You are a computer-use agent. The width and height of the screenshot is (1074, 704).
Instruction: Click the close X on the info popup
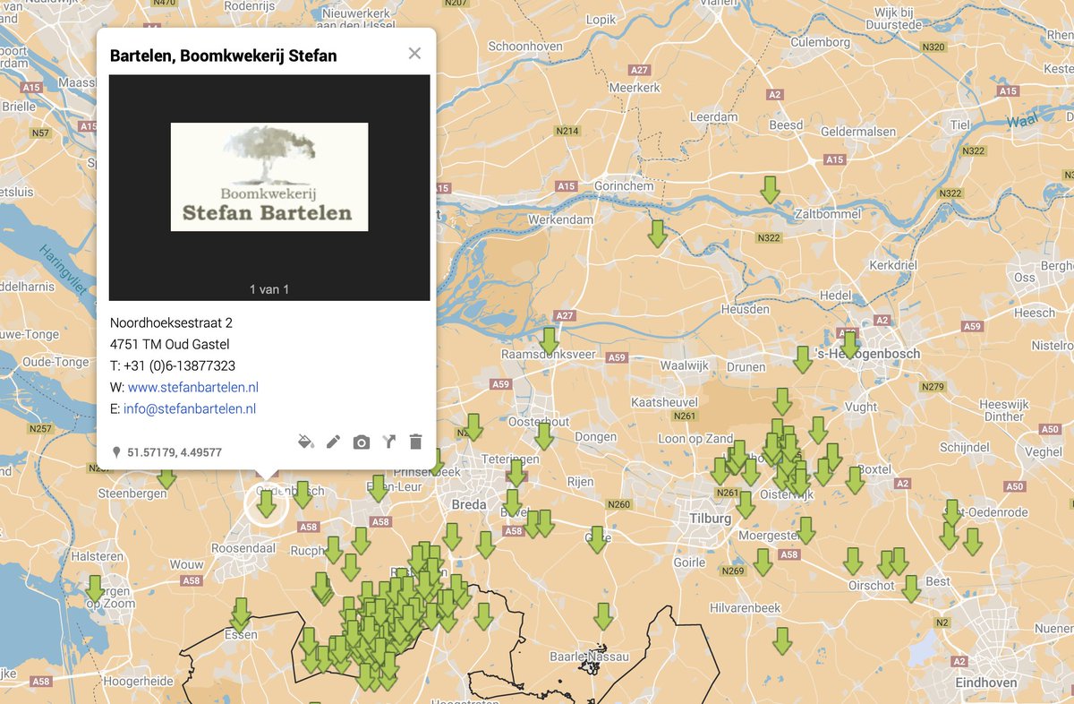click(414, 54)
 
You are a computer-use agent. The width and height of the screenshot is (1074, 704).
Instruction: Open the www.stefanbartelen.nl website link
click(192, 387)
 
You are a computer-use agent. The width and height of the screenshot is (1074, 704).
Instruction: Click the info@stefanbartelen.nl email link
click(190, 408)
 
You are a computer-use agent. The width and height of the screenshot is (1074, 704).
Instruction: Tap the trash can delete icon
click(415, 442)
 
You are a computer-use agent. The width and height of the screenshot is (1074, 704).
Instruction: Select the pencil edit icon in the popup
click(333, 442)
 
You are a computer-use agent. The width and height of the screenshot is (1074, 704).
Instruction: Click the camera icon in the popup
click(361, 442)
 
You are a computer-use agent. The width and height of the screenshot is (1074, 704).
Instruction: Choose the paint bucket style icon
click(305, 442)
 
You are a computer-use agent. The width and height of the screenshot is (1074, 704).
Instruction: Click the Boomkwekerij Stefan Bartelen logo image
click(269, 177)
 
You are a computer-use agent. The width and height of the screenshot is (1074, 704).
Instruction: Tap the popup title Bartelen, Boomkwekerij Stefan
click(223, 56)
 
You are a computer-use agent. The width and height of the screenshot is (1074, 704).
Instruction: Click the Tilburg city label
click(711, 519)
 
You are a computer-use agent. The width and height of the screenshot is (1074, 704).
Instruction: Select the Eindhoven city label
click(985, 683)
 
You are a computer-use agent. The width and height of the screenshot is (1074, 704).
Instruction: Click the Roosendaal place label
click(243, 548)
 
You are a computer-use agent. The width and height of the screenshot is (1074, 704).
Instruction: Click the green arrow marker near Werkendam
click(657, 233)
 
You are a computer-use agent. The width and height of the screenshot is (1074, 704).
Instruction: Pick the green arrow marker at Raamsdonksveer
click(549, 339)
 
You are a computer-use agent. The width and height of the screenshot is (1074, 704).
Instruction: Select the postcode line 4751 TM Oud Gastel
click(169, 344)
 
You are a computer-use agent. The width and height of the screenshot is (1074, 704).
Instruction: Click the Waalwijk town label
click(684, 365)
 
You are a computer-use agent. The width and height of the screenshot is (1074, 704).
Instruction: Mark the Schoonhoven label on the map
click(525, 47)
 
